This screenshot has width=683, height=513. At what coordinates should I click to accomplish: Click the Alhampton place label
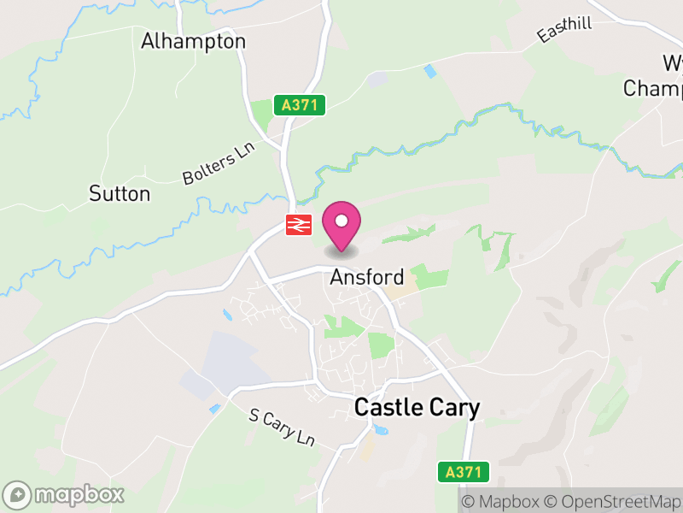[x=193, y=41]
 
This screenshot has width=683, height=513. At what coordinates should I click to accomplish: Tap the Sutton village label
[x=120, y=193]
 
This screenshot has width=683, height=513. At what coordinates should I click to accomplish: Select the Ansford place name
[x=366, y=278]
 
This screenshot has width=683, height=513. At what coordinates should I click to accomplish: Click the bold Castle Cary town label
[x=417, y=408]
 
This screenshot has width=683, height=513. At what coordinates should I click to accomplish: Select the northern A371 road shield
[x=300, y=105]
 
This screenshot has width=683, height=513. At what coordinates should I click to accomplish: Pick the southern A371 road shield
[x=465, y=471]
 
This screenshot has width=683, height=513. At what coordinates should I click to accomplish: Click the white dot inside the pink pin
[x=341, y=221]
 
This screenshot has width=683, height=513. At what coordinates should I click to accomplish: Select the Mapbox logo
[x=65, y=494]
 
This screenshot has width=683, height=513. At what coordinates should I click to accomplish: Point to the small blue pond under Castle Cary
[x=379, y=428]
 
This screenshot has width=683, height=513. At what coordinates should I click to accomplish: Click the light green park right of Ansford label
[x=429, y=278]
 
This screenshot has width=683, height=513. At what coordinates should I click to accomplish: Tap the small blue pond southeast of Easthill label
[x=429, y=72]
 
